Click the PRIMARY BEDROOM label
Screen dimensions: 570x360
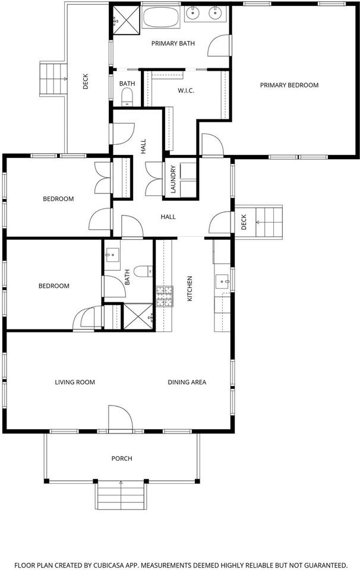tap(289, 85)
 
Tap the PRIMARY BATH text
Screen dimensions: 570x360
tap(169, 43)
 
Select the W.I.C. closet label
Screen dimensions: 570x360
tap(186, 91)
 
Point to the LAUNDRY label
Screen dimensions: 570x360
tap(173, 179)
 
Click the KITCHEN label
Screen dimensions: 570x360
tap(190, 289)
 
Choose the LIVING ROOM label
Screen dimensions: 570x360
tap(75, 382)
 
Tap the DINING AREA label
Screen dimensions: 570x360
tap(187, 382)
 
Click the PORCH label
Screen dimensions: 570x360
tap(122, 458)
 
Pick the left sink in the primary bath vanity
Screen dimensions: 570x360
tap(193, 13)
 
